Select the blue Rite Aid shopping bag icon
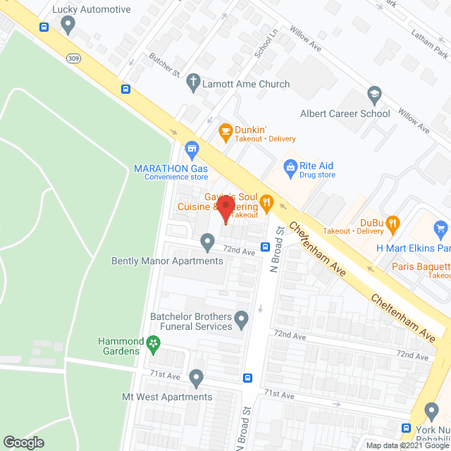point(289,166)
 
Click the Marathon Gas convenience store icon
point(191,149)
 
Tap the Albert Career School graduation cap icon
point(374,94)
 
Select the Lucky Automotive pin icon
point(68,26)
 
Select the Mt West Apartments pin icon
point(197,378)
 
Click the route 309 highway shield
point(73,57)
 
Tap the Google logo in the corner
point(23,442)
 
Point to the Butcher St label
point(164,65)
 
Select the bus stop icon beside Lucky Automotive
point(44,27)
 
